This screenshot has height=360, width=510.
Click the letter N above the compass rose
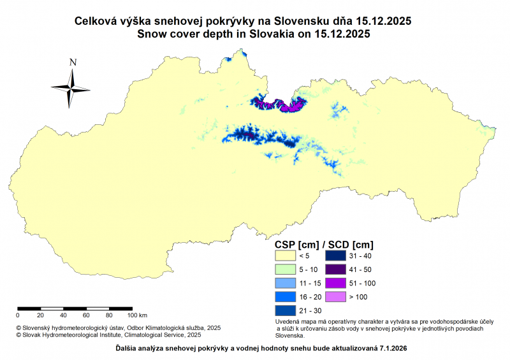(x=73, y=62)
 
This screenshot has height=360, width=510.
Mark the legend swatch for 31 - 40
(x=335, y=255)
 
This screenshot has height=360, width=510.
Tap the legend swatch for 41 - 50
(x=335, y=269)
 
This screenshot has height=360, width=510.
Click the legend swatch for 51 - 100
(x=335, y=283)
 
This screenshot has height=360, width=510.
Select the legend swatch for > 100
(x=335, y=297)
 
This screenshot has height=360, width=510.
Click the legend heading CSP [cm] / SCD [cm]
(x=323, y=244)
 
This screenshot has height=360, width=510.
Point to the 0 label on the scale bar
(x=18, y=315)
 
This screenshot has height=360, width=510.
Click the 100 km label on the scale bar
(x=138, y=315)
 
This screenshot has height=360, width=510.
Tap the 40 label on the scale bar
(x=63, y=315)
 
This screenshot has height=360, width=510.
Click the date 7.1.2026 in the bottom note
(x=389, y=349)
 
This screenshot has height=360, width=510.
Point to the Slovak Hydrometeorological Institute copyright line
(x=108, y=334)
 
